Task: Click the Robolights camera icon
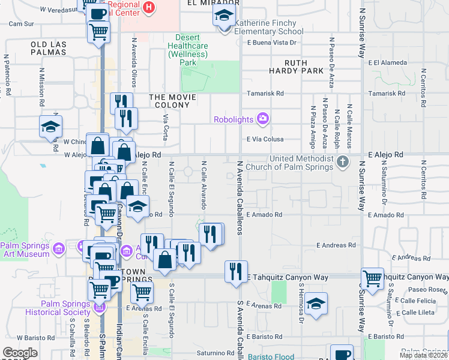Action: (262, 119)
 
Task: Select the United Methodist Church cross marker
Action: (342, 161)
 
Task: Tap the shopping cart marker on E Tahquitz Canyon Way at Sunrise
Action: (373, 278)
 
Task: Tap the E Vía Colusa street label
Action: (265, 139)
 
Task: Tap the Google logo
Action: (20, 353)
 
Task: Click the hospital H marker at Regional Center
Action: (149, 8)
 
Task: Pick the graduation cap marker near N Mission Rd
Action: (51, 127)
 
